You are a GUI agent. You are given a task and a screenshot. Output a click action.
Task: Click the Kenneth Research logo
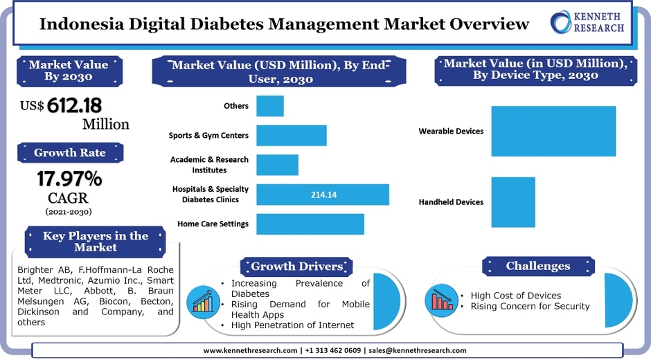pyautogui.click(x=588, y=22)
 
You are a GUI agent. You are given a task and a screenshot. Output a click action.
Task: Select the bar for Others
pyautogui.click(x=270, y=106)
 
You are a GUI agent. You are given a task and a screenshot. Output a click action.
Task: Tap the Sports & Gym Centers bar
pyautogui.click(x=292, y=136)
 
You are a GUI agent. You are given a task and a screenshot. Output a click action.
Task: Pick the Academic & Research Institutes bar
pyautogui.click(x=277, y=165)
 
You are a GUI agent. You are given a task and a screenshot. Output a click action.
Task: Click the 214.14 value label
pyautogui.click(x=323, y=195)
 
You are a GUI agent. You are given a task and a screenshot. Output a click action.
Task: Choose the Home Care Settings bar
pyautogui.click(x=310, y=224)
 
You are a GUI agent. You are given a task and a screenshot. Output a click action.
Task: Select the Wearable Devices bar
pyautogui.click(x=553, y=132)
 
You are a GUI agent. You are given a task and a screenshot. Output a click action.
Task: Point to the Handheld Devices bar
pyautogui.click(x=513, y=202)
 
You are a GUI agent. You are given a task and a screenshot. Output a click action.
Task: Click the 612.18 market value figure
pyautogui.click(x=74, y=105)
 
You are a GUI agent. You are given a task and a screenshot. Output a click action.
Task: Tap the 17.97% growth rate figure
pyautogui.click(x=69, y=179)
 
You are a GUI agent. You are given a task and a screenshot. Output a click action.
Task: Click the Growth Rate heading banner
pyautogui.click(x=70, y=153)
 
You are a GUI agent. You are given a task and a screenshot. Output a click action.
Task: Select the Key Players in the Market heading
pyautogui.click(x=96, y=242)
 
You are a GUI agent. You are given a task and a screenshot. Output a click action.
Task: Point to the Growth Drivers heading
pyautogui.click(x=296, y=267)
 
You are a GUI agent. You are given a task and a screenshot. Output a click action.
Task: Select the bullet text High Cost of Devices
pyautogui.click(x=515, y=296)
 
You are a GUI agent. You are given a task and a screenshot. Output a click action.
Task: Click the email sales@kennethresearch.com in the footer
pyautogui.click(x=417, y=350)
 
